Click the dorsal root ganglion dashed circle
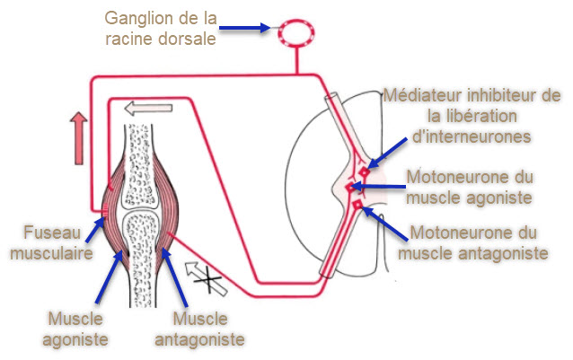click(x=295, y=32)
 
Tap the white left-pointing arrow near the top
click(x=147, y=109)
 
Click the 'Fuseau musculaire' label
click(x=43, y=242)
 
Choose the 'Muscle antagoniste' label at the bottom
click(x=198, y=329)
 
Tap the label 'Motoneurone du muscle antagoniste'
click(x=472, y=242)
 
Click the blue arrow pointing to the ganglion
click(x=243, y=28)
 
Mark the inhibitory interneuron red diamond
click(x=363, y=171)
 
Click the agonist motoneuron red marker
click(x=352, y=188)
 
